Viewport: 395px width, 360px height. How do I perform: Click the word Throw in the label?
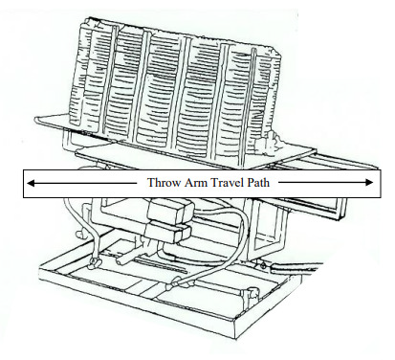coord(161,183)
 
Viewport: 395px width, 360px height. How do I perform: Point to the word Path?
coord(258,183)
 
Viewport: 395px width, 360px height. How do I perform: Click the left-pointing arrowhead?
coord(31,183)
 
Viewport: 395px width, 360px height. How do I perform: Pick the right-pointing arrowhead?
coord(369,182)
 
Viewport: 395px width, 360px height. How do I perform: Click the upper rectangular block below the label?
coord(170,211)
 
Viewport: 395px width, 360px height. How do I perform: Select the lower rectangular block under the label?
coord(167,233)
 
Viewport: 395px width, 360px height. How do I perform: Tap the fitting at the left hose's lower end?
coord(95,262)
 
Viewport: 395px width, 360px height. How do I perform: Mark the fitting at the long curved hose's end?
coord(175,283)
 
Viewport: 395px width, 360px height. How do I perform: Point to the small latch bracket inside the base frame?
coord(251,293)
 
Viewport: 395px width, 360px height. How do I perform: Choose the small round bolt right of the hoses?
coord(262,265)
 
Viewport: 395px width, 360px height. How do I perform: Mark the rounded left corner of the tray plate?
coord(37,121)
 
